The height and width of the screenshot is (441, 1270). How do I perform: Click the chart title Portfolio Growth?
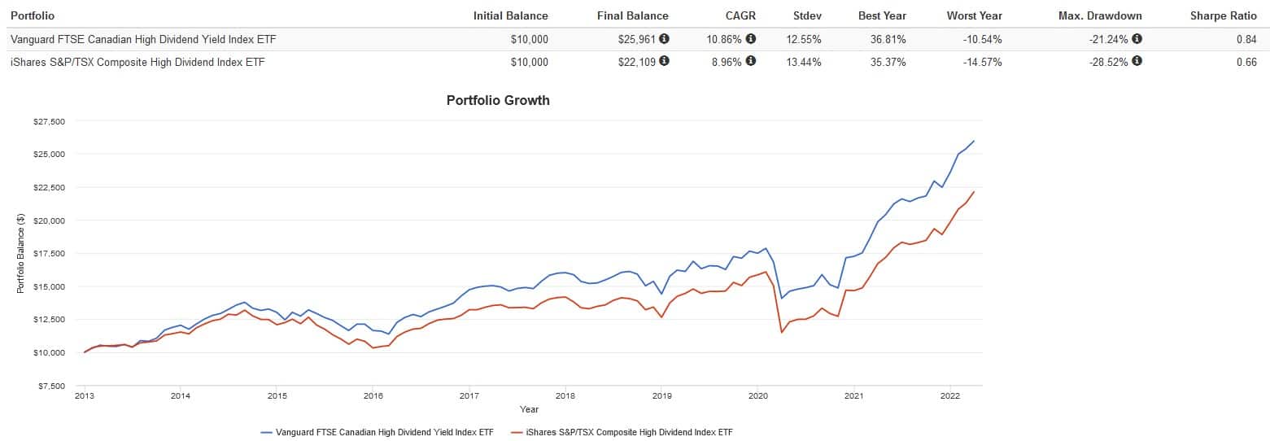click(x=498, y=101)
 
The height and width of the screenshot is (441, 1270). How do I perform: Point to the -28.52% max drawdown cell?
click(x=1109, y=62)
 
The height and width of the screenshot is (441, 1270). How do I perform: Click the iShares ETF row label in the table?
click(x=137, y=62)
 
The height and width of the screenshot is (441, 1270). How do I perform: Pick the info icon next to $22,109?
click(x=664, y=61)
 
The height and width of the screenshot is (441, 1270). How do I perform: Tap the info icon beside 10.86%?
click(x=750, y=38)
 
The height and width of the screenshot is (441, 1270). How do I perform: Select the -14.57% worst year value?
click(x=981, y=62)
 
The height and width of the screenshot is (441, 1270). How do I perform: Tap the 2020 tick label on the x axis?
click(x=757, y=396)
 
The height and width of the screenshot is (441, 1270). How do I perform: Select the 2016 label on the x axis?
click(x=373, y=396)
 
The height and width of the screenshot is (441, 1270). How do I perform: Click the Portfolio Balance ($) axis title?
click(x=21, y=253)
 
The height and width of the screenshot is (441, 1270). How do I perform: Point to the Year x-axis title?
click(x=529, y=409)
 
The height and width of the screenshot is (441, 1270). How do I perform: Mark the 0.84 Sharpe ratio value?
click(x=1246, y=39)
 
